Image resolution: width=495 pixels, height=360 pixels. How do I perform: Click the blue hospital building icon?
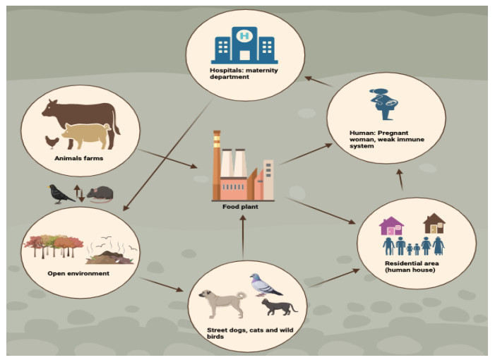point(244,44)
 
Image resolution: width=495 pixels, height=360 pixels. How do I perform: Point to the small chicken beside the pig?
point(52,141)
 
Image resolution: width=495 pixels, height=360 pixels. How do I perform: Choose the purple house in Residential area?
point(390,226)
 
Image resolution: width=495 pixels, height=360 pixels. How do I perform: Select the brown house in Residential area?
point(433,224)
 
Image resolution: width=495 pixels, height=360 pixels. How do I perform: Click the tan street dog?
point(218,302)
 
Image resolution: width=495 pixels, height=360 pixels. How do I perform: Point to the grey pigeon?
point(265,284)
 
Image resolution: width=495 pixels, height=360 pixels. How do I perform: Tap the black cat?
point(279,306)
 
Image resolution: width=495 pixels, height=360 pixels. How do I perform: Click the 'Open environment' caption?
point(78,273)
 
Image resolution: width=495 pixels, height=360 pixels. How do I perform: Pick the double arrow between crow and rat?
point(80,193)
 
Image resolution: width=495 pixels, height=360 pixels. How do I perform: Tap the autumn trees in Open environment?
point(54,248)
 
